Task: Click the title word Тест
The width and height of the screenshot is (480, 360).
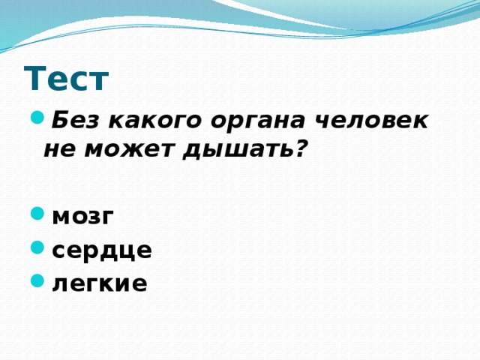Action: pyautogui.click(x=67, y=78)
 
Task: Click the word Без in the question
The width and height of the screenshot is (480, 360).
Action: pyautogui.click(x=75, y=119)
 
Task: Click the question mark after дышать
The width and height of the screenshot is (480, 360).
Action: pyautogui.click(x=300, y=148)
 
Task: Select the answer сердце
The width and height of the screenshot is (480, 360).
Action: pyautogui.click(x=103, y=249)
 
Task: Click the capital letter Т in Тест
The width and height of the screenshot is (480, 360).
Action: pyautogui.click(x=34, y=78)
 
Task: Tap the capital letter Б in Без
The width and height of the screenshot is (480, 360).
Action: pyautogui.click(x=61, y=119)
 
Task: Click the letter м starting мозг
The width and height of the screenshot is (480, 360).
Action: pyautogui.click(x=61, y=216)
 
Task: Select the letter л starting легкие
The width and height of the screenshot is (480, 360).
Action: pyautogui.click(x=60, y=283)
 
